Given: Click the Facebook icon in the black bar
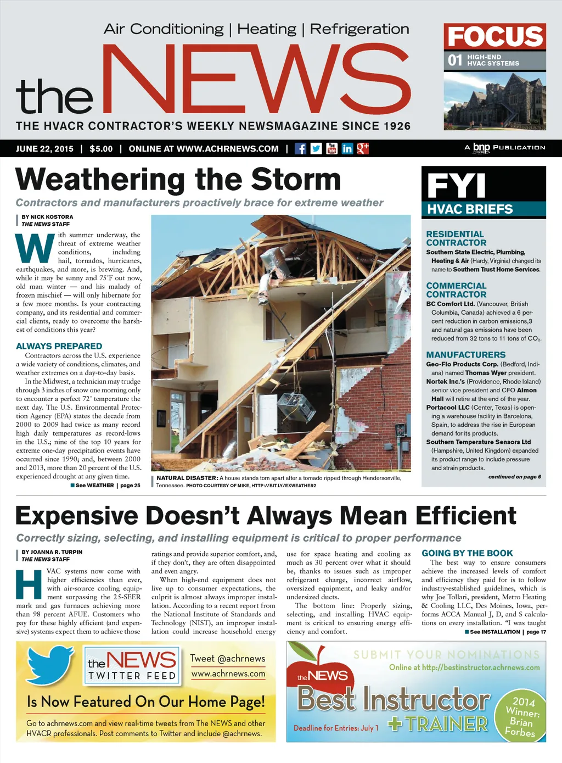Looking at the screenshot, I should [300, 148].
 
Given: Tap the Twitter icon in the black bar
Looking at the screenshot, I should [316, 148].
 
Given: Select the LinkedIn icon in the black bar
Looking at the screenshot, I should [347, 148].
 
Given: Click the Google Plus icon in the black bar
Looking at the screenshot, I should [363, 148].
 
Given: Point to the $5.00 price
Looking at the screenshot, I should [101, 149].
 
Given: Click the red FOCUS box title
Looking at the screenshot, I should [494, 37].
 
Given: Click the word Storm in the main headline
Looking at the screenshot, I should [296, 180].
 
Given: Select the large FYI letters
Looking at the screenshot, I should [456, 185].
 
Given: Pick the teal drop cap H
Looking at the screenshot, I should [29, 585].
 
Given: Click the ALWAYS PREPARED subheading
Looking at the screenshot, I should [59, 346].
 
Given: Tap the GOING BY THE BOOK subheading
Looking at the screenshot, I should [467, 553].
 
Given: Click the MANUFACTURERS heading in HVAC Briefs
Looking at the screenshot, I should [465, 355].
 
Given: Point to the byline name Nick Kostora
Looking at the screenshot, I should [52, 217].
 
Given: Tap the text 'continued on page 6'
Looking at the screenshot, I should [514, 477].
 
